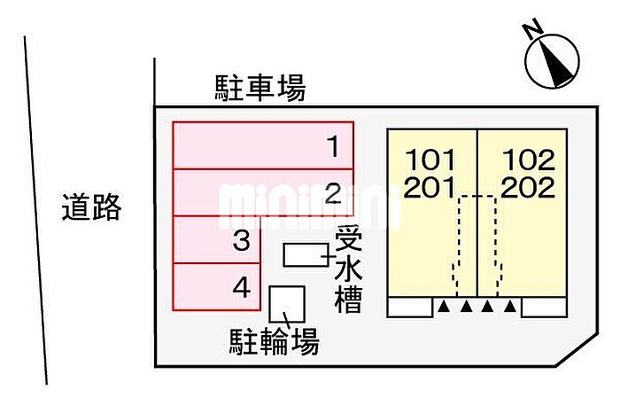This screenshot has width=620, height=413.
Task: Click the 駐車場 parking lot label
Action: (260, 88)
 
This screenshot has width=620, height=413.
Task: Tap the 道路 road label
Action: (91, 206)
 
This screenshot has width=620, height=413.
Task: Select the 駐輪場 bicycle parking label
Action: (275, 342)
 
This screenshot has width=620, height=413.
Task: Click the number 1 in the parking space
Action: (334, 146)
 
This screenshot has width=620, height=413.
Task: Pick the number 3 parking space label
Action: (241, 240)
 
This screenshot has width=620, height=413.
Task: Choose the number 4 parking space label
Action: (241, 288)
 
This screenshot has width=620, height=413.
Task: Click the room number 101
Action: (430, 160)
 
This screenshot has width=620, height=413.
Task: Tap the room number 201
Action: (430, 187)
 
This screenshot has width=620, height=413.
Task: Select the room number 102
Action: (529, 160)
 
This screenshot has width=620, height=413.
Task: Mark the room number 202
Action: (528, 187)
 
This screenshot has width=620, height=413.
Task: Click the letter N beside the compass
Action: (532, 28)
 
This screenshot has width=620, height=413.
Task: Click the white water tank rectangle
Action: (306, 254)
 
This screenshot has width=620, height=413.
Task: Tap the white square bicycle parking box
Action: (287, 304)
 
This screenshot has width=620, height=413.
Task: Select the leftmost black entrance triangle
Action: (444, 306)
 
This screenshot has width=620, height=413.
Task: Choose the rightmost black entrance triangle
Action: (511, 306)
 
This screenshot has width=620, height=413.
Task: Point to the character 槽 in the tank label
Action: (349, 300)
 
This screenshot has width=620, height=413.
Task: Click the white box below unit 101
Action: (409, 308)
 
